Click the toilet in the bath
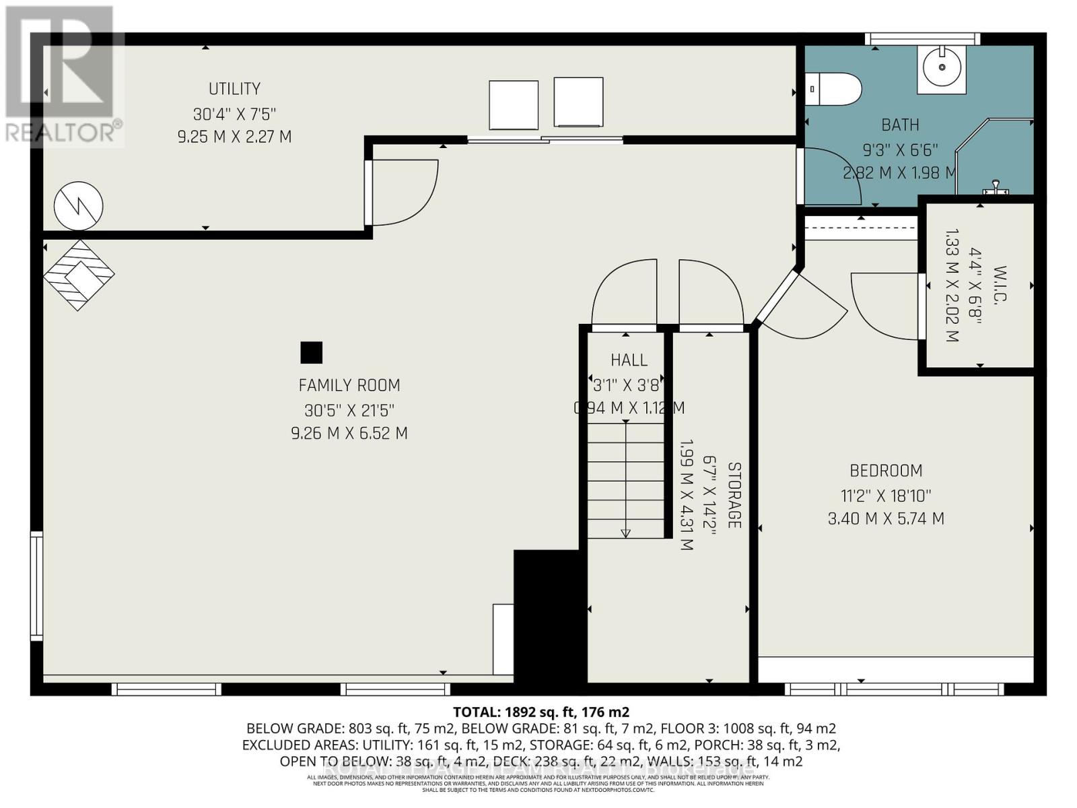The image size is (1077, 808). [x=835, y=90]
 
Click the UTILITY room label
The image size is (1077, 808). [x=234, y=89]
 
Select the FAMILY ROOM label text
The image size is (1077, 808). [x=349, y=385]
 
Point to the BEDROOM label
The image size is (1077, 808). [x=885, y=471]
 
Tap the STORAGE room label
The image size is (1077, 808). [x=734, y=495]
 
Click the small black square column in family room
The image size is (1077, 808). [x=311, y=353]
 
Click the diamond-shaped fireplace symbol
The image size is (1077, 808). [x=79, y=275]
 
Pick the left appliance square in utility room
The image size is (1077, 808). [x=514, y=105]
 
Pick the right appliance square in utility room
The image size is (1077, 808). [x=578, y=102]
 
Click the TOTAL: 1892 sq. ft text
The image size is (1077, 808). [x=541, y=712]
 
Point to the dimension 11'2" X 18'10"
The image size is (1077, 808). [x=885, y=496]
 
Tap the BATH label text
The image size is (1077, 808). [x=900, y=125]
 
